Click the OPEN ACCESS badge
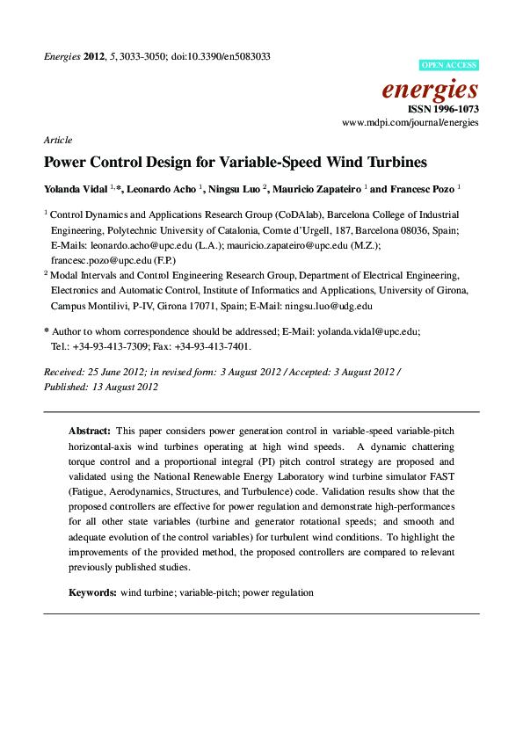[x=448, y=65]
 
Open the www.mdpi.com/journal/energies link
[x=410, y=123]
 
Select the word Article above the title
[x=57, y=140]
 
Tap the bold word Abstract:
[x=90, y=432]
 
